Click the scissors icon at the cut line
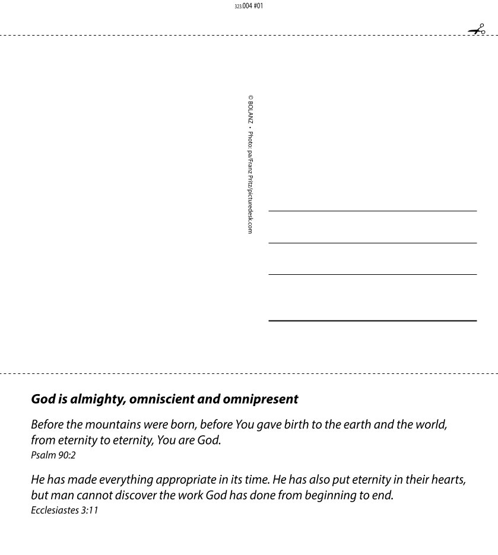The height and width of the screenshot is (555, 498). point(477,30)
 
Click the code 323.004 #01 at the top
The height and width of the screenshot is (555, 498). point(249,6)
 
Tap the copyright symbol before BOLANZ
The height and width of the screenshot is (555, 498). point(250,98)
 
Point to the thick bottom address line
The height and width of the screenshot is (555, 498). point(372,321)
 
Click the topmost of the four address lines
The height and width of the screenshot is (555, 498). point(372,211)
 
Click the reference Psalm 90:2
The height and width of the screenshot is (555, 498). point(53,456)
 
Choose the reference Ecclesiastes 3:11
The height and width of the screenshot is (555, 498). point(64,510)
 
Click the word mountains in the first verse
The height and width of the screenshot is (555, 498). point(113,425)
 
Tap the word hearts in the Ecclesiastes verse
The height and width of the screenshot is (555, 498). point(448,480)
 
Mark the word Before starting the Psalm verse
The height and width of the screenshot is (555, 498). point(47,425)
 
